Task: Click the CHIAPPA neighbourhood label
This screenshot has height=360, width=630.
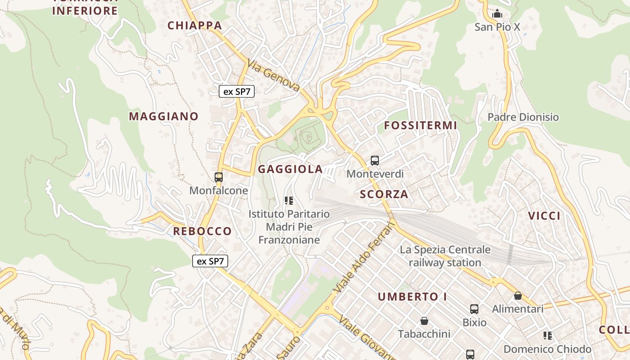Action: pyautogui.click(x=195, y=26)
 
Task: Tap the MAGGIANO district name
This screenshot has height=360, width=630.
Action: pyautogui.click(x=164, y=117)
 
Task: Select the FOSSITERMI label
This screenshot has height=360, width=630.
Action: pyautogui.click(x=420, y=126)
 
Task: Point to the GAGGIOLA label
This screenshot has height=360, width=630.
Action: pyautogui.click(x=290, y=169)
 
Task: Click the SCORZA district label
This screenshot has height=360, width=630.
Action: pyautogui.click(x=384, y=194)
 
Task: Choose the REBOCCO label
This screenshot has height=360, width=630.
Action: pyautogui.click(x=202, y=231)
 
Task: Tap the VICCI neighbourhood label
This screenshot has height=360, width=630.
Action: pyautogui.click(x=544, y=216)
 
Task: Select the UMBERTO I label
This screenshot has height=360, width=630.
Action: pyautogui.click(x=412, y=297)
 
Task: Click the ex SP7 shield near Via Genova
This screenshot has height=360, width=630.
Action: pyautogui.click(x=237, y=91)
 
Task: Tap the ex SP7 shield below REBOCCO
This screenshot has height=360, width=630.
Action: pyautogui.click(x=210, y=261)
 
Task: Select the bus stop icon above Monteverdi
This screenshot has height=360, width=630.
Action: pyautogui.click(x=374, y=160)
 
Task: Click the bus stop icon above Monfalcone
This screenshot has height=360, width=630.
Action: pyautogui.click(x=219, y=177)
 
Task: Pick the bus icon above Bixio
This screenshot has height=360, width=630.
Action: pyautogui.click(x=474, y=309)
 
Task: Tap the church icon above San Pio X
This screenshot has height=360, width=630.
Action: pyautogui.click(x=497, y=14)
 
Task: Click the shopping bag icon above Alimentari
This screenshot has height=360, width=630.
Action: pyautogui.click(x=518, y=296)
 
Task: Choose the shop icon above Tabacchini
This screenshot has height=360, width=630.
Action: pyautogui.click(x=424, y=321)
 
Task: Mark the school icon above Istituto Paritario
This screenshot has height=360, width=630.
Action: pyautogui.click(x=289, y=201)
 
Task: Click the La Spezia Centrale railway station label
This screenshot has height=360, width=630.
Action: pyautogui.click(x=445, y=256)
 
